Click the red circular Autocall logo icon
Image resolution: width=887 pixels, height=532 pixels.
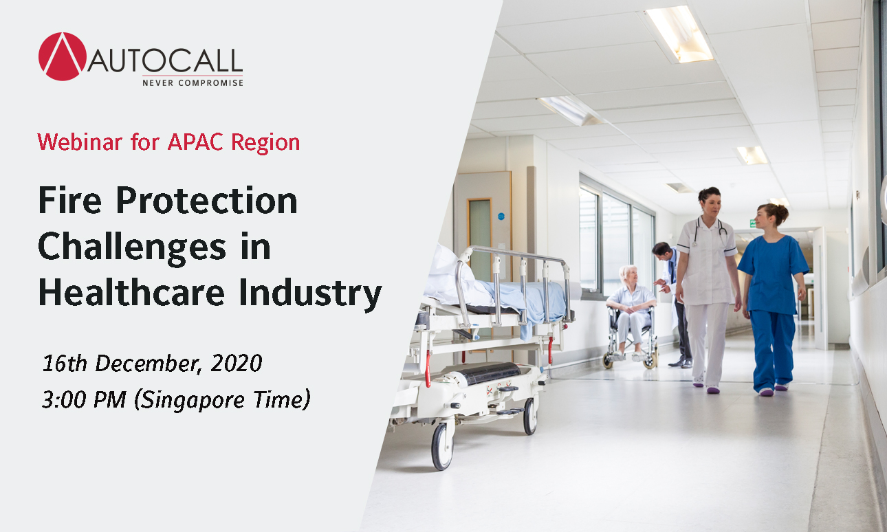coord(62,56)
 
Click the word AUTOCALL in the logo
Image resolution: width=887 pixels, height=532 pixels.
coord(165,60)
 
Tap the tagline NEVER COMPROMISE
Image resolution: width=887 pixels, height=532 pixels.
coord(193,82)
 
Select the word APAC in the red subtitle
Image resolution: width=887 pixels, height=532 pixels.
coord(195,142)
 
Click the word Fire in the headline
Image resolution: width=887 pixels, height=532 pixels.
coord(70,200)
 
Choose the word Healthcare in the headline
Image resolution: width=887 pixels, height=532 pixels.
coord(131,292)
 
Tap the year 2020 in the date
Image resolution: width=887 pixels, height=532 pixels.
coord(237,363)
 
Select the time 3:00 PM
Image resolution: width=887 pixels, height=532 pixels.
coord(84,399)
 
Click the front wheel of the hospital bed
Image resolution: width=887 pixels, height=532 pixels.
coord(442,446)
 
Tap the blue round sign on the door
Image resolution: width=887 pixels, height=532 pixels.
coord(501,217)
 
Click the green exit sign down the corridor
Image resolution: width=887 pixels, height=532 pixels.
coord(752,223)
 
